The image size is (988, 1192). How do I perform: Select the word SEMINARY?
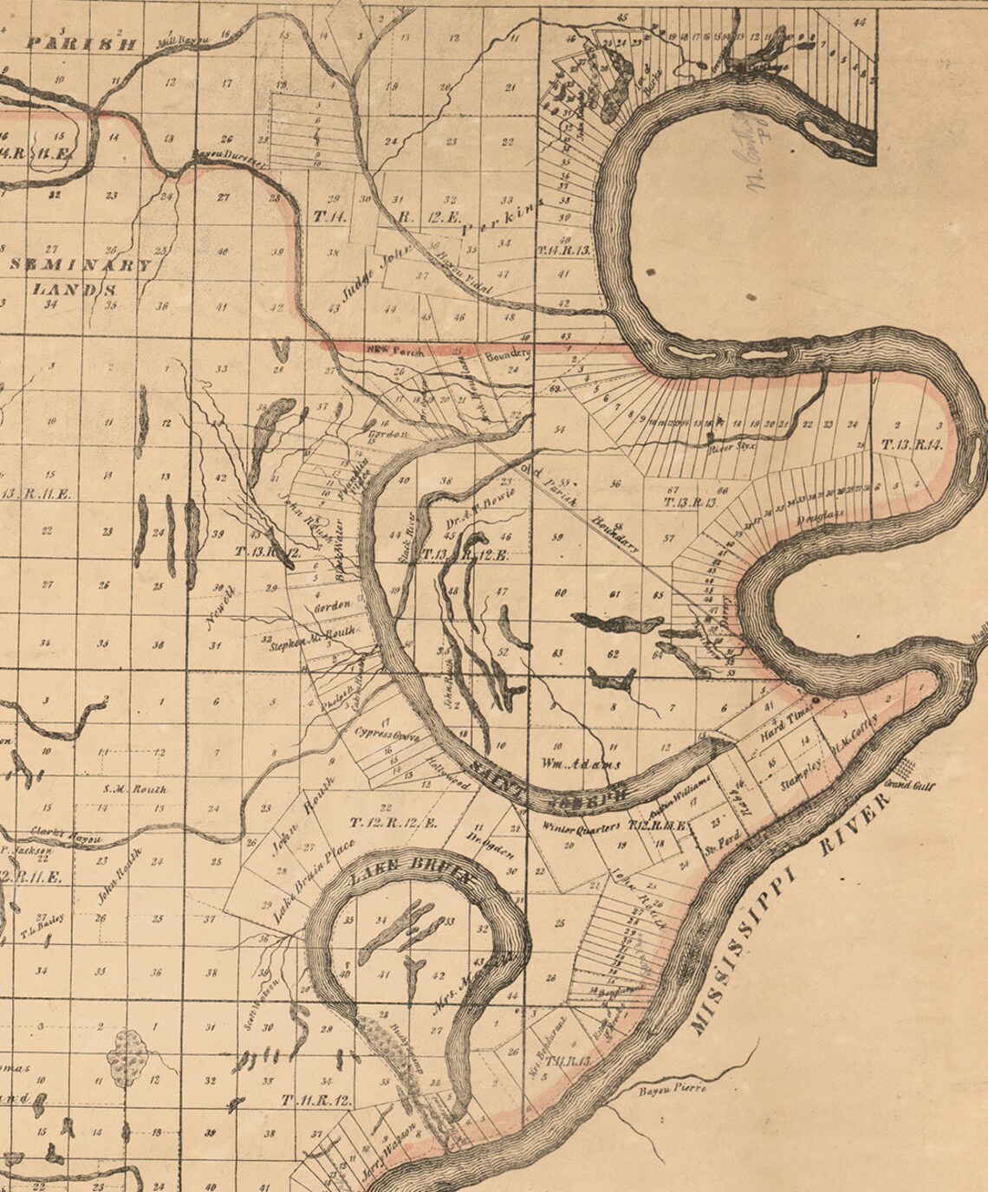(80, 265)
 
